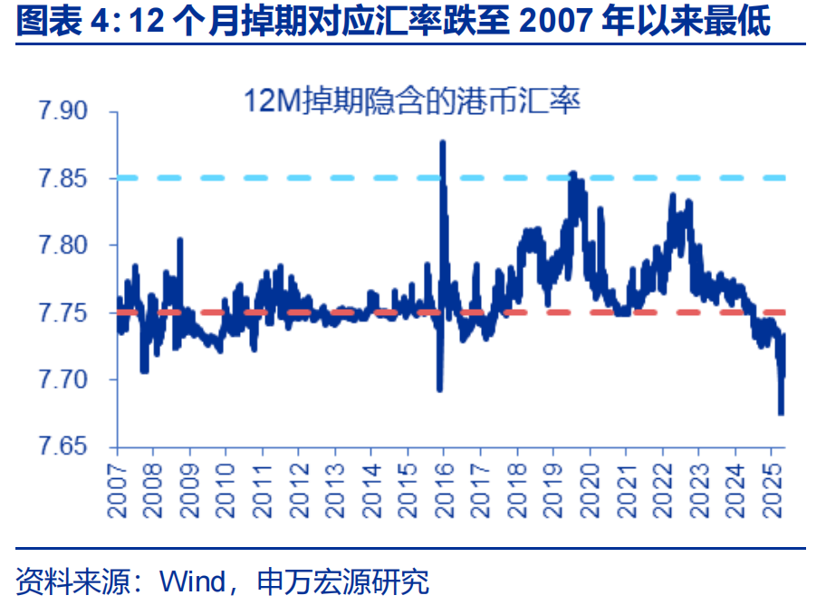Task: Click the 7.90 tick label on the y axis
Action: [x=62, y=112]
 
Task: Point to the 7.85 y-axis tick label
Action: [x=62, y=179]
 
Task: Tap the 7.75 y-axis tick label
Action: [x=62, y=313]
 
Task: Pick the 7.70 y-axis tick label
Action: [x=62, y=380]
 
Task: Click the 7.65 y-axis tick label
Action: [x=62, y=447]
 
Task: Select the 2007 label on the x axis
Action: [x=117, y=489]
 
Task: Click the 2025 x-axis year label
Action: [x=771, y=489]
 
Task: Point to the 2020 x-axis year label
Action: [x=590, y=489]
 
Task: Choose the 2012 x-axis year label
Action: [x=299, y=489]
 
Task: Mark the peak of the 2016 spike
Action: [x=442, y=142]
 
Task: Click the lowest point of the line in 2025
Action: [x=781, y=413]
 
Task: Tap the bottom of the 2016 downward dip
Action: [x=439, y=389]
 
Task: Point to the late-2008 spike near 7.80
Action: [x=180, y=240]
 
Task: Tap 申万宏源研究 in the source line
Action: [x=343, y=580]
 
